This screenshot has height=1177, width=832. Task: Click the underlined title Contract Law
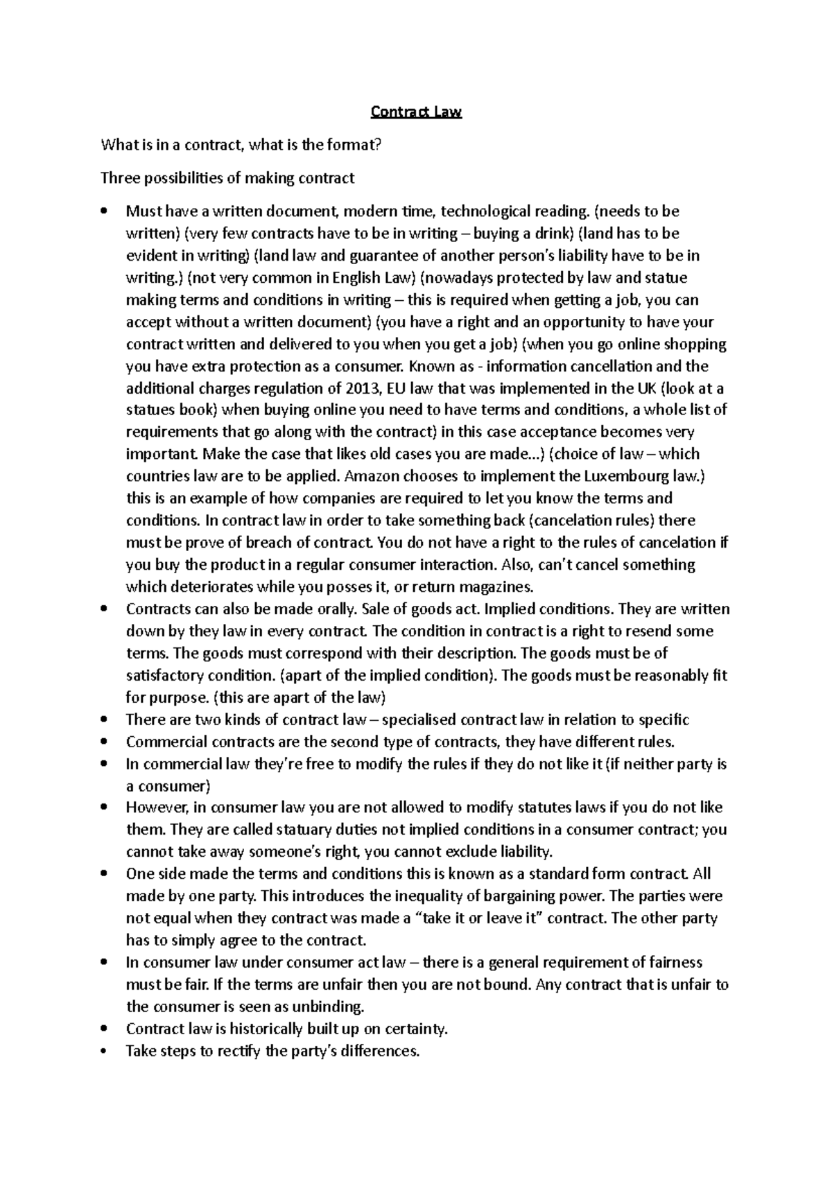pos(416,112)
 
